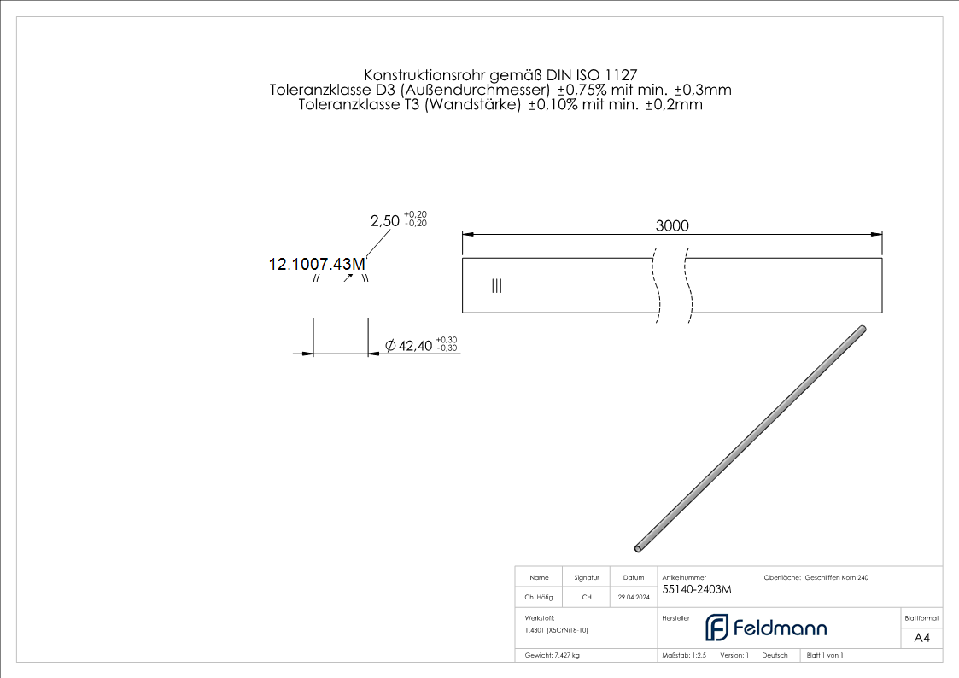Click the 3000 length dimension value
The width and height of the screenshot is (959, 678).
(x=672, y=225)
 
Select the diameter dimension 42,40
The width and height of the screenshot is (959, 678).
(x=409, y=346)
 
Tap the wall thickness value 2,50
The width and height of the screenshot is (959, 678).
(x=384, y=220)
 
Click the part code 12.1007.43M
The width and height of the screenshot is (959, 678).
(x=317, y=265)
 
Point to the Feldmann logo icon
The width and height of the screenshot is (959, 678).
(x=716, y=628)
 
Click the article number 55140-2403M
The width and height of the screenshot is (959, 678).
(x=697, y=589)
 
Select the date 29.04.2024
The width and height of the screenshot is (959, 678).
(x=633, y=598)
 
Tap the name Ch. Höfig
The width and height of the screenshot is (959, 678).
(x=539, y=598)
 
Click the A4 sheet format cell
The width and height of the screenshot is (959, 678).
(x=921, y=638)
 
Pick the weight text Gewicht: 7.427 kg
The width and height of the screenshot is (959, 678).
(x=553, y=656)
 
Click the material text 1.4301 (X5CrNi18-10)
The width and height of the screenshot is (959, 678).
(x=557, y=630)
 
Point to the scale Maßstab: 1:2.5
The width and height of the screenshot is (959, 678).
(x=684, y=656)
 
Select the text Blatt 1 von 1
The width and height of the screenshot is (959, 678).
(x=825, y=656)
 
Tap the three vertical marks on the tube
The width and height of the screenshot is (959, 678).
(x=496, y=286)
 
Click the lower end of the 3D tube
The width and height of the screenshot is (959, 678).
(x=639, y=547)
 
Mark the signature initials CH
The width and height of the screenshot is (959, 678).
(x=587, y=598)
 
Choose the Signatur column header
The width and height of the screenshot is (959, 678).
(x=587, y=578)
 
